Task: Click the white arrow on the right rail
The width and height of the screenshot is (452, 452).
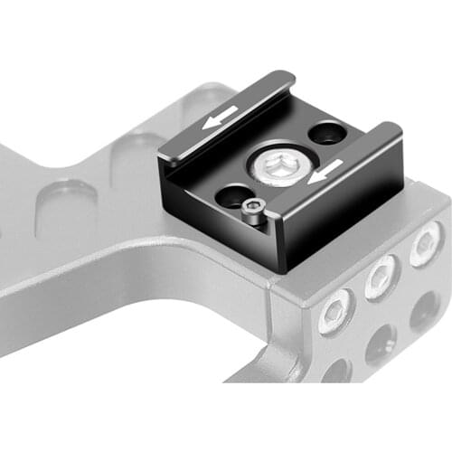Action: (323, 170)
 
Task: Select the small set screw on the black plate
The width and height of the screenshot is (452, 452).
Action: (255, 213)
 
